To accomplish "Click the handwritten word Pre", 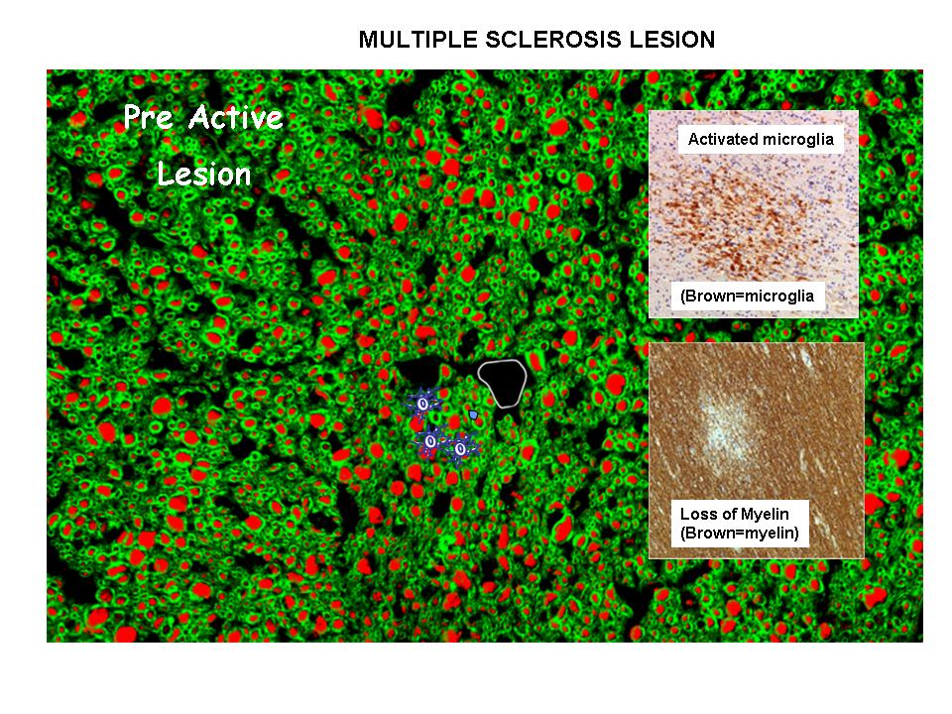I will tap(151, 119).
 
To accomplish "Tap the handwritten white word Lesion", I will tap(204, 175).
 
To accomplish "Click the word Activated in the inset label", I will tap(722, 140).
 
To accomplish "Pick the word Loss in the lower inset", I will tap(697, 515).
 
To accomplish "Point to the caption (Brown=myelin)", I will tap(740, 533).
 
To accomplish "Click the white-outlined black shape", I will tap(502, 383).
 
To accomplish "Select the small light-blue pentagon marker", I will tap(474, 415).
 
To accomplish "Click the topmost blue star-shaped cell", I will tap(422, 404).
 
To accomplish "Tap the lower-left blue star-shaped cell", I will tap(429, 440).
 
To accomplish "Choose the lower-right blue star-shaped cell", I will tap(459, 448).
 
